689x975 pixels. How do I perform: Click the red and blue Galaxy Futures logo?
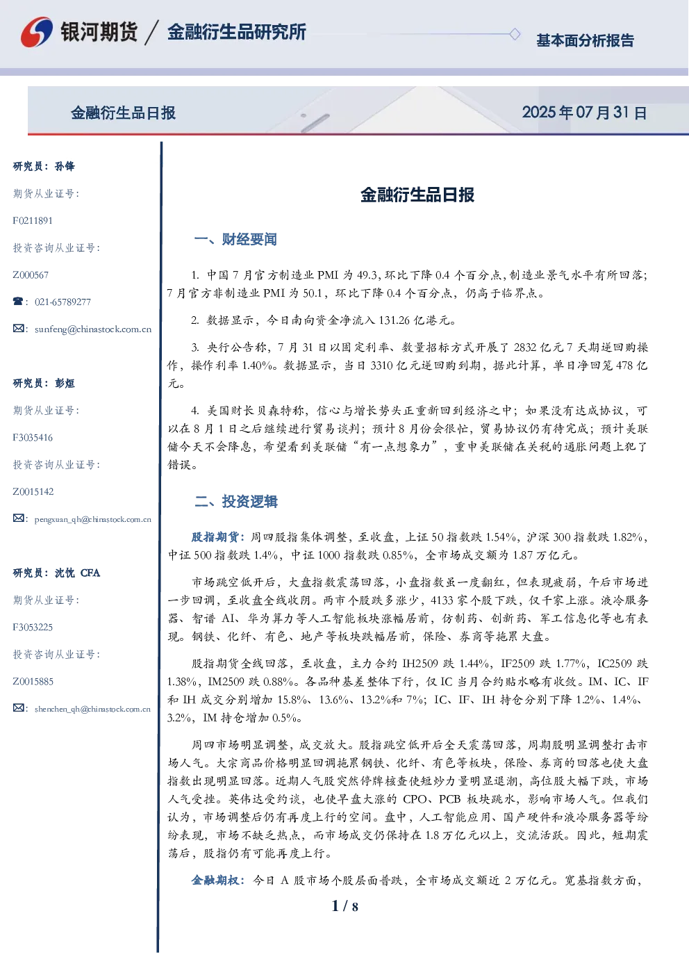(x=37, y=32)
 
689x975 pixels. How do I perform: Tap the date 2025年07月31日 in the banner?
(x=584, y=113)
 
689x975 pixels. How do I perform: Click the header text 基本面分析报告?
(x=585, y=40)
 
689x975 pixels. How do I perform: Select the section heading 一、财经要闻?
(x=235, y=239)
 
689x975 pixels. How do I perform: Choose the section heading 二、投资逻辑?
(x=235, y=502)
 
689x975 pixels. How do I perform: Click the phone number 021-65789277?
(x=63, y=302)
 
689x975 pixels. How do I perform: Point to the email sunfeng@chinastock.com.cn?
(x=93, y=329)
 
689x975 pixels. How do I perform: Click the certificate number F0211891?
(x=33, y=221)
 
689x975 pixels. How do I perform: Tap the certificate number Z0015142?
(x=33, y=492)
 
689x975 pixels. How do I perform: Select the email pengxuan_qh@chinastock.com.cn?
(x=92, y=519)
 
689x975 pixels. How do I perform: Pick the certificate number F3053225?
(x=33, y=628)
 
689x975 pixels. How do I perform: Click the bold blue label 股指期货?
(x=215, y=537)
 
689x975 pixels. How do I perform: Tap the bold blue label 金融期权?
(x=215, y=880)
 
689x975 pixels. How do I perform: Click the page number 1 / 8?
(x=344, y=906)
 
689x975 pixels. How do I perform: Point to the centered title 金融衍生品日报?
(x=417, y=195)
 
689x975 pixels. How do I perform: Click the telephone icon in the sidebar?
(x=18, y=301)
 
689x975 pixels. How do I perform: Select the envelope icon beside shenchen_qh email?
(x=18, y=707)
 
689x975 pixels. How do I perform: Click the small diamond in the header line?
(x=515, y=34)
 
